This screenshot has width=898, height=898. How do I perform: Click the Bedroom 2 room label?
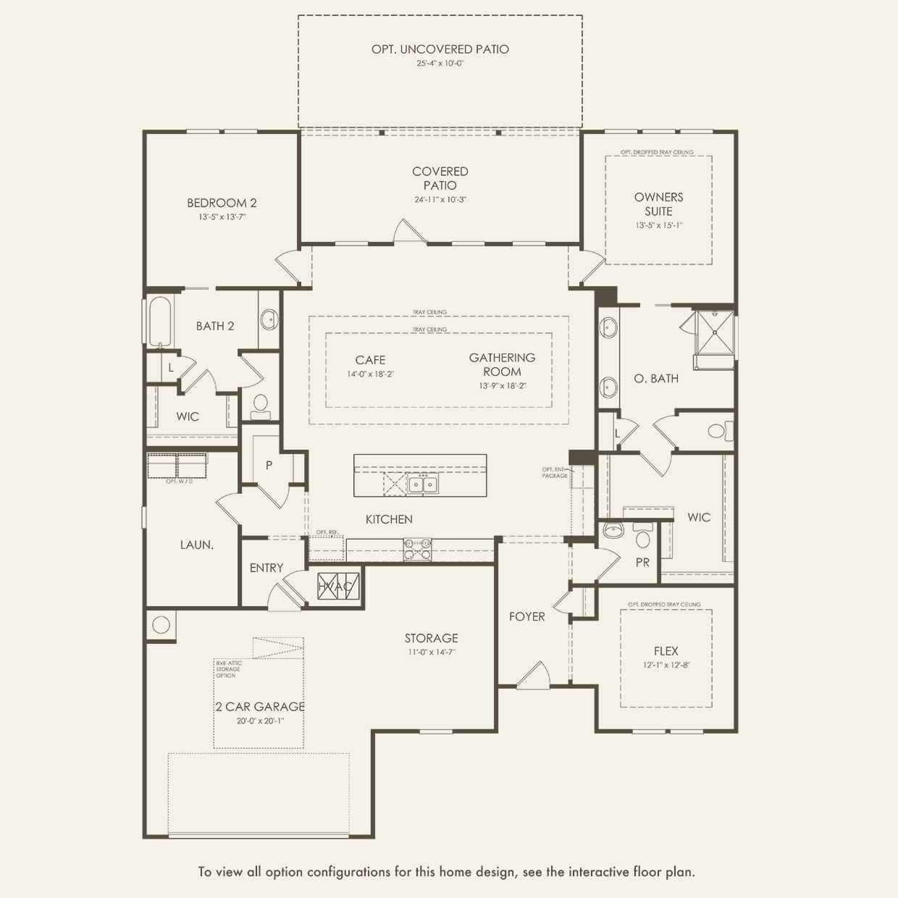pyautogui.click(x=222, y=203)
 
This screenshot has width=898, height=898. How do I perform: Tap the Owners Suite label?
pyautogui.click(x=658, y=204)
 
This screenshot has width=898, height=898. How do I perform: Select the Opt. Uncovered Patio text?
pyautogui.click(x=440, y=49)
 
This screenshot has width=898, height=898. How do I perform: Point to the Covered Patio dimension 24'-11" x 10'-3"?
pyautogui.click(x=440, y=199)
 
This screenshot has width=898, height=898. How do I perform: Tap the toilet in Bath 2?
pyautogui.click(x=260, y=406)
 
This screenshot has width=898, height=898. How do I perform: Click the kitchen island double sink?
pyautogui.click(x=422, y=484)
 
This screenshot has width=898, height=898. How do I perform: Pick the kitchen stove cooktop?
pyautogui.click(x=417, y=550)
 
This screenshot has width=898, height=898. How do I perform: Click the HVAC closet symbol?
pyautogui.click(x=335, y=586)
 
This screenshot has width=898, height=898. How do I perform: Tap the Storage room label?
pyautogui.click(x=431, y=638)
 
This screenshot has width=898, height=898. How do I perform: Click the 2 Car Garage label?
pyautogui.click(x=259, y=707)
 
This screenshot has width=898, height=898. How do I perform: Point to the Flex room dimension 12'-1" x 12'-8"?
pyautogui.click(x=666, y=664)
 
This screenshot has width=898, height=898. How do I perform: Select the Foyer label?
pyautogui.click(x=526, y=616)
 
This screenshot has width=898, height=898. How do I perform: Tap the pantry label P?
pyautogui.click(x=269, y=465)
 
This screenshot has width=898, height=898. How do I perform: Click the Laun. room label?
pyautogui.click(x=196, y=545)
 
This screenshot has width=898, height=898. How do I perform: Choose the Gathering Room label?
pyautogui.click(x=502, y=364)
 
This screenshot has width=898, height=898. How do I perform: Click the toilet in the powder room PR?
pyautogui.click(x=642, y=537)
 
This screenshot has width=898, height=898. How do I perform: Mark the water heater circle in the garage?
pyautogui.click(x=161, y=624)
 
